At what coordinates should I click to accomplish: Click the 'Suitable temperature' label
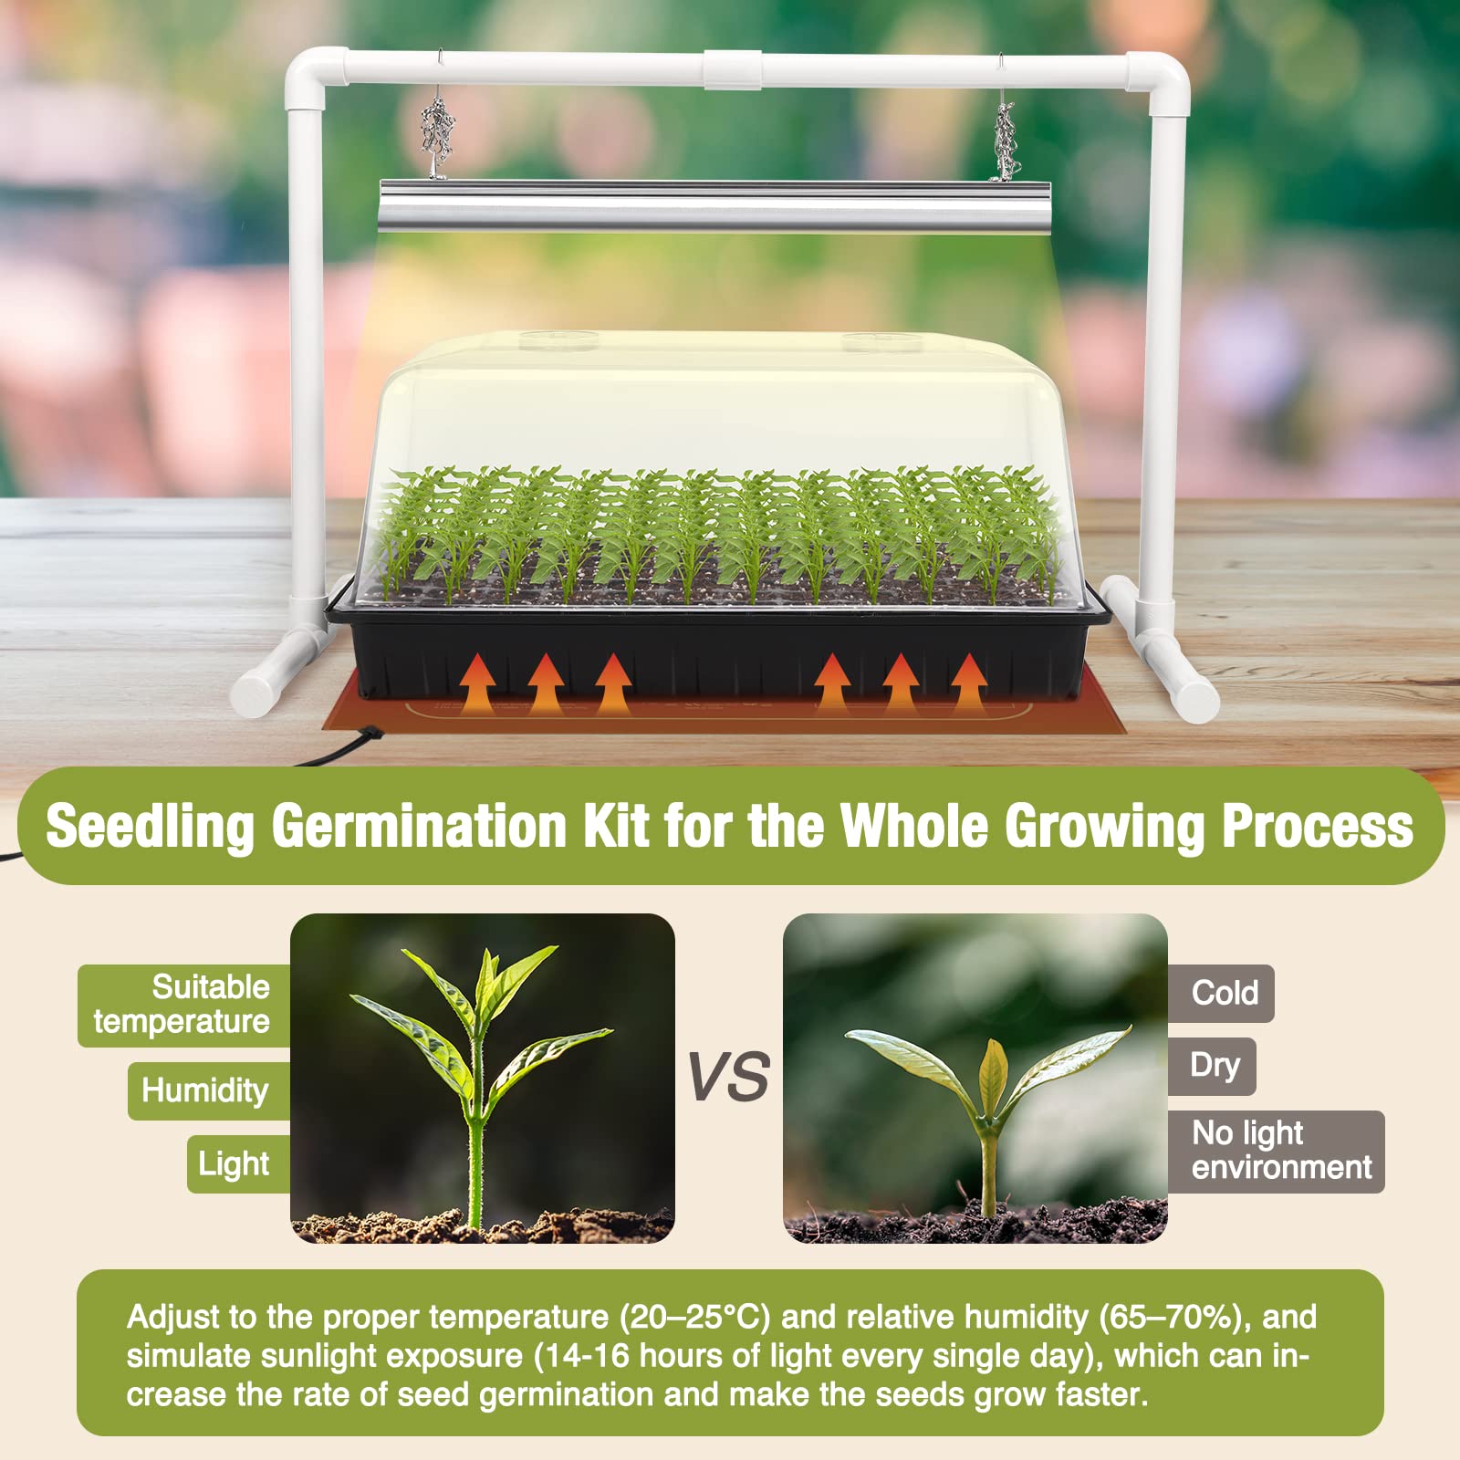click(183, 1006)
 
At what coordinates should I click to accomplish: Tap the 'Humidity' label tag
click(209, 1090)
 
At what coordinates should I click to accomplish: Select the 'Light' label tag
click(238, 1163)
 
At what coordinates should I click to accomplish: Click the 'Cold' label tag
click(1222, 993)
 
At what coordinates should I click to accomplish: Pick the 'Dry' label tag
click(1213, 1066)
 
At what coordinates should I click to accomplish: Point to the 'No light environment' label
click(1277, 1152)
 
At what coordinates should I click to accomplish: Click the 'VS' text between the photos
click(727, 1076)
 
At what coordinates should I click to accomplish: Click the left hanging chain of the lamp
click(438, 132)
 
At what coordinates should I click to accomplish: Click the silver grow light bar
click(714, 205)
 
